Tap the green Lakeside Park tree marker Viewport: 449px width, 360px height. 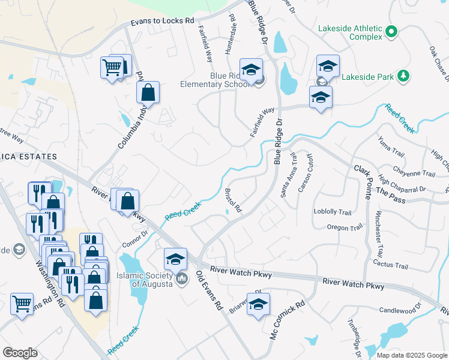405,76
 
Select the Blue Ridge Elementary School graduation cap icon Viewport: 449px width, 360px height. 252,70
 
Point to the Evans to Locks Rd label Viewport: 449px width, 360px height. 163,22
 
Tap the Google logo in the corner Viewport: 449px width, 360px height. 20,353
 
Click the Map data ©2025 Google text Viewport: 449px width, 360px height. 411,355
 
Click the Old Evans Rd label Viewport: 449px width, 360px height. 209,290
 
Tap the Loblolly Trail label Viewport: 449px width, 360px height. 332,212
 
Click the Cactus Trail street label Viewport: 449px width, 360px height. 390,265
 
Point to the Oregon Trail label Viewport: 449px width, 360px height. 345,227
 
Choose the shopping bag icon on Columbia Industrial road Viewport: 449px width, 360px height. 148,94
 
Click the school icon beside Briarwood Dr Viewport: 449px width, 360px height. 258,305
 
